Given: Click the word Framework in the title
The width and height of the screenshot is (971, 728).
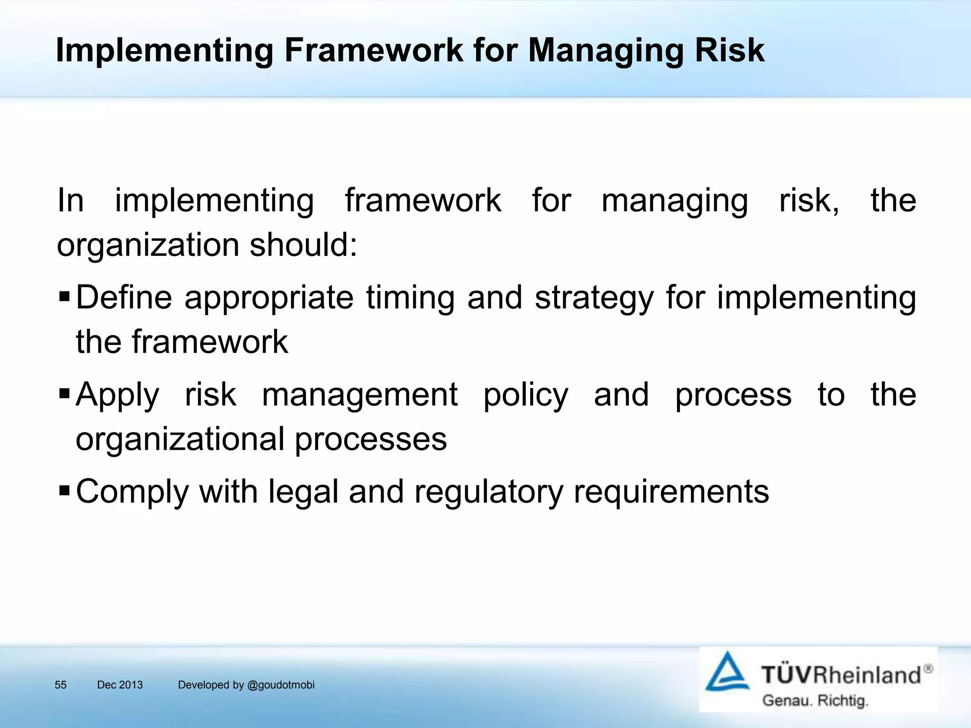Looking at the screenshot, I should (373, 50).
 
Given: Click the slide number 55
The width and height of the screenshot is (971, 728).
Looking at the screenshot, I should (61, 685).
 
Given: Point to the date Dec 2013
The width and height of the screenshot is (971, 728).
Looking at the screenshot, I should (119, 685).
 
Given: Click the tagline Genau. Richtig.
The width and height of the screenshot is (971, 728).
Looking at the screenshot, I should (815, 701).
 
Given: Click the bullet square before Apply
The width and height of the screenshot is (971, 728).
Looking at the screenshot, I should (64, 394).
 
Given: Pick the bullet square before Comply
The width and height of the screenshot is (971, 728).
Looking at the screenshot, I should (64, 491).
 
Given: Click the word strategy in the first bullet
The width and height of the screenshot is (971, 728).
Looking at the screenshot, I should (594, 299).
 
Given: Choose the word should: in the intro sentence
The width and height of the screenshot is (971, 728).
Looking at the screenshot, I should (303, 246).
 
